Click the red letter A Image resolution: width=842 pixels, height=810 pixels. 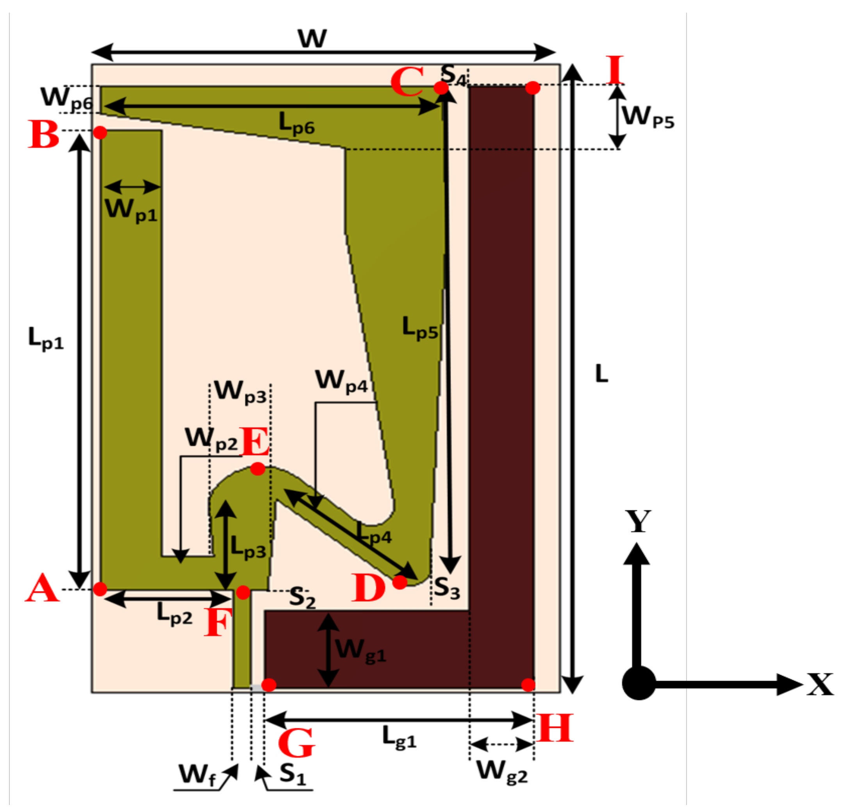[x=42, y=589]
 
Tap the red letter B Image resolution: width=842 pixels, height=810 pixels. [x=43, y=134]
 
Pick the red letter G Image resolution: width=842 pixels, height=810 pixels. [x=297, y=742]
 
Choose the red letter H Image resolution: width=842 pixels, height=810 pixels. [x=555, y=728]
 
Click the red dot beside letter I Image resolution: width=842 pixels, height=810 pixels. [x=533, y=88]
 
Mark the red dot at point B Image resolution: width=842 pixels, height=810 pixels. [x=100, y=133]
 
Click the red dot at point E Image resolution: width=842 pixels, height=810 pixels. [x=258, y=469]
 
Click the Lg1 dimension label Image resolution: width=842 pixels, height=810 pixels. [x=399, y=737]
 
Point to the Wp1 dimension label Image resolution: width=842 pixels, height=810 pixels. [x=131, y=211]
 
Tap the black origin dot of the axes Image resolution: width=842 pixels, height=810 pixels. [x=639, y=683]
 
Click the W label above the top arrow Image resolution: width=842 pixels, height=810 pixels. [x=312, y=39]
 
